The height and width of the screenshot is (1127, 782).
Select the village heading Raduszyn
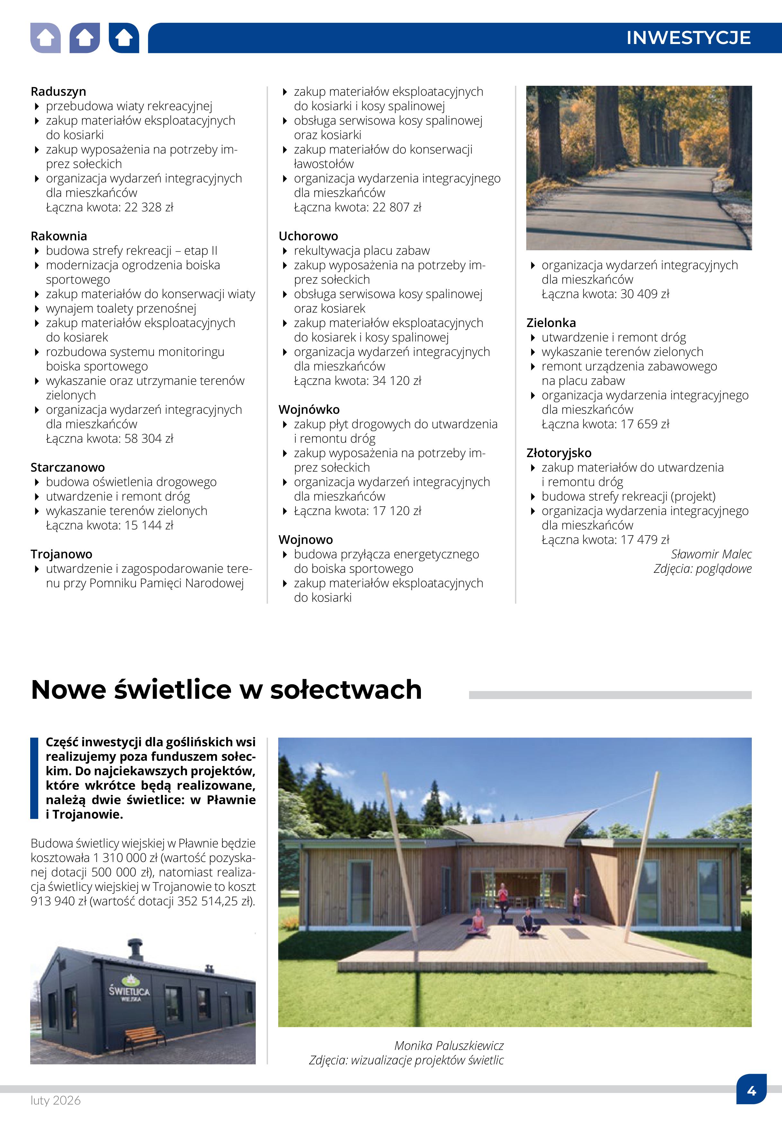tap(58, 92)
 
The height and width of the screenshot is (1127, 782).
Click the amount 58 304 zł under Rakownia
tap(149, 439)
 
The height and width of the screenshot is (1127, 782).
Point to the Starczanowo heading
tap(67, 467)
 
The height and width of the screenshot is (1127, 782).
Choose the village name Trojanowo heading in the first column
tap(61, 554)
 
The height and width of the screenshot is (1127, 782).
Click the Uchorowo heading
tap(308, 236)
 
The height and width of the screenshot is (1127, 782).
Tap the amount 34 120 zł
tap(397, 381)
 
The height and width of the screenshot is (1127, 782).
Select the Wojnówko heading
tap(309, 410)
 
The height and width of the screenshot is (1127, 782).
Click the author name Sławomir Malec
tap(711, 554)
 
